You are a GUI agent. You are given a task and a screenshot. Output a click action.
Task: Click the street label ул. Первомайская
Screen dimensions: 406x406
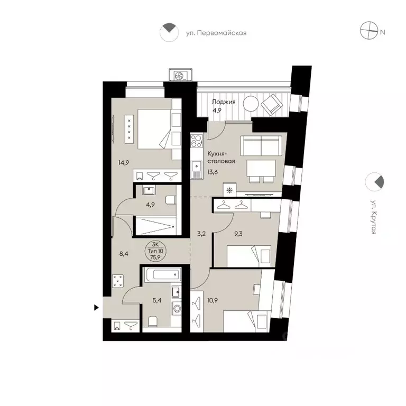[216, 33]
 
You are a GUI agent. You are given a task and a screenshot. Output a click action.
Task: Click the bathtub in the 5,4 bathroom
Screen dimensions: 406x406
[161, 275]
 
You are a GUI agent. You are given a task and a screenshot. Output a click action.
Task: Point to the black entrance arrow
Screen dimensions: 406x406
[96, 307]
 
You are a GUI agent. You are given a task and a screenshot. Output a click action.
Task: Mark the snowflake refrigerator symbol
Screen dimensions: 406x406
[229, 190]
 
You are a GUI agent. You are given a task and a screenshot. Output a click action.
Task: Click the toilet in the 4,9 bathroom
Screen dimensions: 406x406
[170, 199]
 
